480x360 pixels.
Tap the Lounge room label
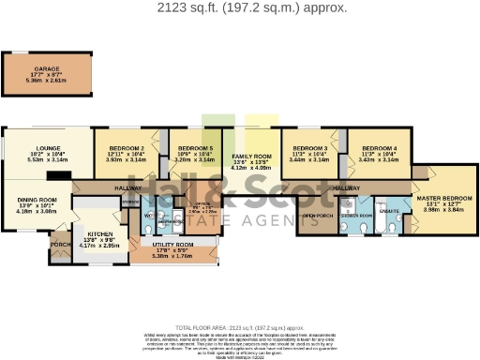[x=48, y=148]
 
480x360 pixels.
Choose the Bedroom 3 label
[x=310, y=148]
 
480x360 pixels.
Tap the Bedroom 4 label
[x=380, y=148]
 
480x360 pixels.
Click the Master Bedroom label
[x=442, y=198]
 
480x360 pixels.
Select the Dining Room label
[x=37, y=200]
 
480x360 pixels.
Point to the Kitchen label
[x=99, y=233]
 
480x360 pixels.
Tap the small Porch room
[x=59, y=246]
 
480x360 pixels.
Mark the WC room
[x=148, y=216]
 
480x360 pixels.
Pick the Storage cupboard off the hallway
[x=130, y=201]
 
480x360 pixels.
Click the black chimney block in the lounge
[x=65, y=174]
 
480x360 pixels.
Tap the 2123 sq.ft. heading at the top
[x=239, y=7]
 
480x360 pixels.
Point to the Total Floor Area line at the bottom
[x=239, y=325]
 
